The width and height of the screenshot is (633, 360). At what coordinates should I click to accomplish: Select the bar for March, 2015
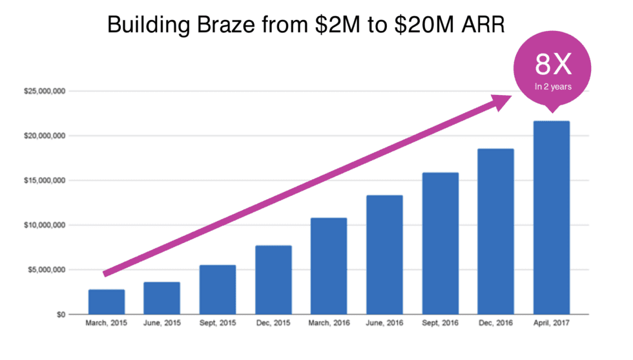[x=107, y=302]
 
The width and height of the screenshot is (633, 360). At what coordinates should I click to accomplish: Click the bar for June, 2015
[x=161, y=298]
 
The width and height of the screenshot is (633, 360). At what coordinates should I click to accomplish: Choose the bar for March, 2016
[x=328, y=266]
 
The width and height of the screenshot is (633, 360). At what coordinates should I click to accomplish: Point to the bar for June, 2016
[x=384, y=255]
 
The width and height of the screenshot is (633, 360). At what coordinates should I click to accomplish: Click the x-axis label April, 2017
[x=551, y=323]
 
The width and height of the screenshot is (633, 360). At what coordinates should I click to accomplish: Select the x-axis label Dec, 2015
[x=273, y=323]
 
